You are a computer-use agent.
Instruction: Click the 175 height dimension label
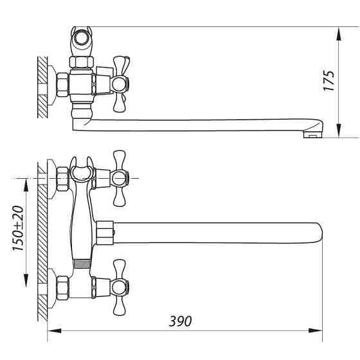[x=328, y=80]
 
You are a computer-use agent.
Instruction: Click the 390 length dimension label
[x=180, y=321]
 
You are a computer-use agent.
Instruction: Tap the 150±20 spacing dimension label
[x=18, y=228]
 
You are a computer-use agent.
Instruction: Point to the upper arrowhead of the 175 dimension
[x=339, y=34]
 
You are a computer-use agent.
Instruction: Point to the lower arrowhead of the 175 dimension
[x=339, y=130]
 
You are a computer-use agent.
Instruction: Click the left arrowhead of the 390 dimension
[x=55, y=330]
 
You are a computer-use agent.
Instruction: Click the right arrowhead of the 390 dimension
[x=315, y=330]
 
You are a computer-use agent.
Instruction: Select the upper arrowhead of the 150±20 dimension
[x=26, y=185]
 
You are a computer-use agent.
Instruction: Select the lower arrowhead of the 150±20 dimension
[x=26, y=280]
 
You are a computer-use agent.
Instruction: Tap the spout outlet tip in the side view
[x=312, y=135]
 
